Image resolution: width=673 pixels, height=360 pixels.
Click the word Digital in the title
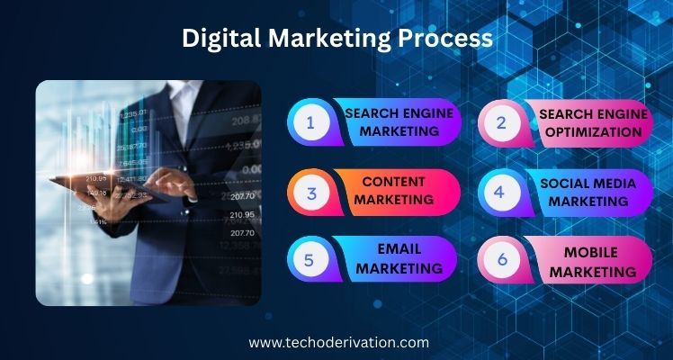click(221, 39)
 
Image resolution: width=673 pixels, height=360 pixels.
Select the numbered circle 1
click(311, 122)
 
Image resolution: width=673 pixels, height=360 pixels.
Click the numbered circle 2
click(502, 123)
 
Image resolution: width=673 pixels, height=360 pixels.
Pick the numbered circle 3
click(312, 193)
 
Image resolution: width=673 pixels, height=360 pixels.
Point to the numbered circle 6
click(502, 259)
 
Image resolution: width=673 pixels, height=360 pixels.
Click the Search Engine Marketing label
click(399, 121)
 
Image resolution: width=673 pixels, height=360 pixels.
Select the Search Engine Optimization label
click(593, 123)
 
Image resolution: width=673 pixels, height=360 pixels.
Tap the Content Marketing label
click(393, 191)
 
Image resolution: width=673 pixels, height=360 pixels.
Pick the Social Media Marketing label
click(588, 193)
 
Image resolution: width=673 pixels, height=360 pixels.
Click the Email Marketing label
click(399, 258)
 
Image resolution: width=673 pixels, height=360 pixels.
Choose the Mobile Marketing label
click(594, 262)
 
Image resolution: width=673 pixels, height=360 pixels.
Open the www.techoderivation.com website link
click(338, 343)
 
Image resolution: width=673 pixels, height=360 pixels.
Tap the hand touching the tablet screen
click(168, 183)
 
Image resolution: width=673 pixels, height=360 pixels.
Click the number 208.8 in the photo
click(246, 121)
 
